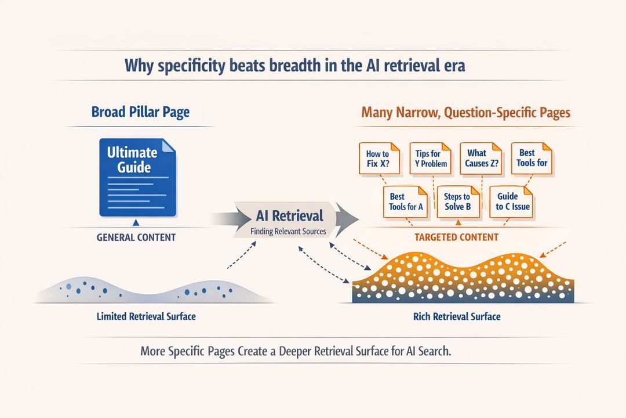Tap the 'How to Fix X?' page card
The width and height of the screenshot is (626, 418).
click(x=377, y=158)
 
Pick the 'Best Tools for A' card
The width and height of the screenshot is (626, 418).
click(x=405, y=201)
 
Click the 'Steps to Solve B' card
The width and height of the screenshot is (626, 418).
click(x=457, y=201)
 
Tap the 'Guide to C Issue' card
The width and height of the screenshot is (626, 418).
click(x=512, y=201)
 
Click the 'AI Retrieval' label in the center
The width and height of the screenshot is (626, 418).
click(x=289, y=216)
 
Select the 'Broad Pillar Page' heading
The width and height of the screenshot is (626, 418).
click(x=140, y=111)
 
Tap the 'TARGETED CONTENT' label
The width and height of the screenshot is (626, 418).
click(x=457, y=237)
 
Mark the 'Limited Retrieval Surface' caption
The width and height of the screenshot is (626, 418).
click(x=146, y=316)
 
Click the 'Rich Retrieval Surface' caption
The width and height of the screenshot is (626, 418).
click(x=457, y=317)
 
